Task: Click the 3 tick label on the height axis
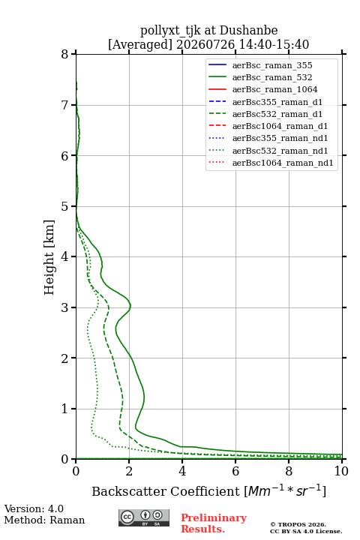(64, 307)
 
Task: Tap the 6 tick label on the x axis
(235, 471)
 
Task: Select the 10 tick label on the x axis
(341, 471)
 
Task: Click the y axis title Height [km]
(49, 257)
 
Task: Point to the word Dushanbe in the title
(248, 30)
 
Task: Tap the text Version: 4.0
(34, 509)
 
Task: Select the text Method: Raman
(44, 520)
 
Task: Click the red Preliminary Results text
(214, 523)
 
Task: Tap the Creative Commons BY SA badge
(144, 517)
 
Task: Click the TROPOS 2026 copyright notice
(306, 528)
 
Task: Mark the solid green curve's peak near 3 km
(130, 305)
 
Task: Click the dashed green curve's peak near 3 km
(109, 307)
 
